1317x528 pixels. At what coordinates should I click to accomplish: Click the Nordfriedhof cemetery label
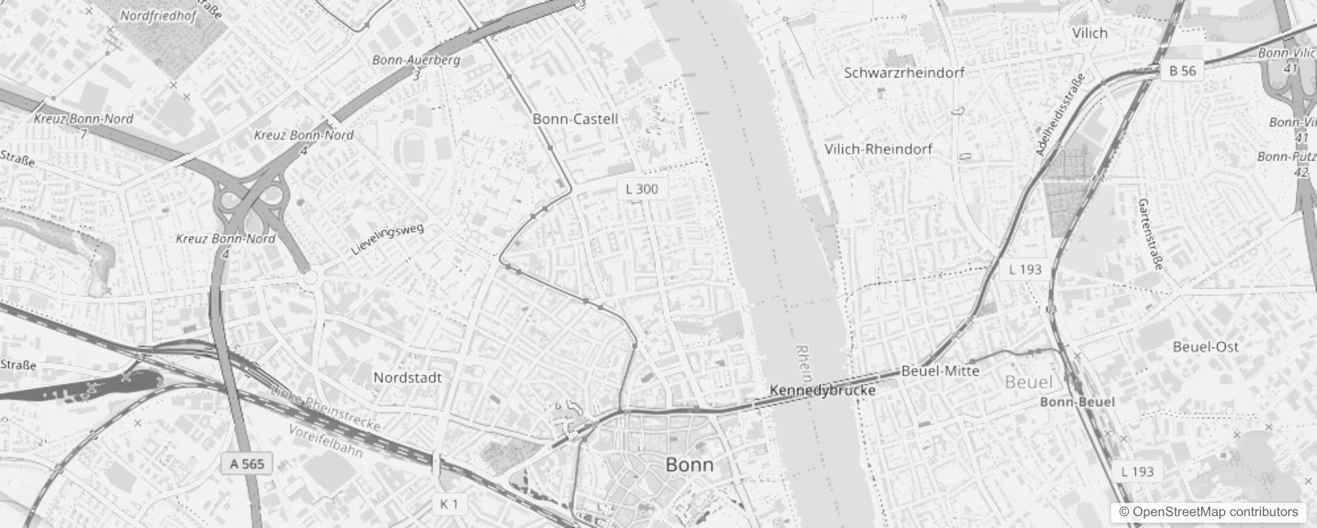pos(158,16)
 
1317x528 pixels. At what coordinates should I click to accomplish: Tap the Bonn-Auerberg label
pos(416,60)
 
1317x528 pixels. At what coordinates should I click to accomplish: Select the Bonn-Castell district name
pos(575,119)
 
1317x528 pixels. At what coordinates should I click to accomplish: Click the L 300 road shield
pos(642,189)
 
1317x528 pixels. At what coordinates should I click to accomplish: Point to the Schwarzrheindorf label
pos(904,73)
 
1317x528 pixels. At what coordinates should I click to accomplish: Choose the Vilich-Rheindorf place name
pos(878,149)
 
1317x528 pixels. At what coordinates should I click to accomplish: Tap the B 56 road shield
pos(1182,71)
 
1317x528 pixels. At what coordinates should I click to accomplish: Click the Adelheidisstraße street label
pos(1060,115)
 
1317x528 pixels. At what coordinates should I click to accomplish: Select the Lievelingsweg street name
pos(387,239)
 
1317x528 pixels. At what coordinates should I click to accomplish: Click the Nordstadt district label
pos(408,378)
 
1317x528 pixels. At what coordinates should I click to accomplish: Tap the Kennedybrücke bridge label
pos(822,391)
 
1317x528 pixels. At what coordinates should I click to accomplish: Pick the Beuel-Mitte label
pos(940,372)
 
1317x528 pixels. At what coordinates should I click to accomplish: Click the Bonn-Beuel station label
pos(1077,402)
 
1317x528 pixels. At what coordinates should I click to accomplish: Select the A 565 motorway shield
pos(247,464)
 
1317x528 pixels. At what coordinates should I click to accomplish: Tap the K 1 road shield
pos(449,504)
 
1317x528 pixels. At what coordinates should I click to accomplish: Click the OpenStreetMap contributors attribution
pos(1208,512)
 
